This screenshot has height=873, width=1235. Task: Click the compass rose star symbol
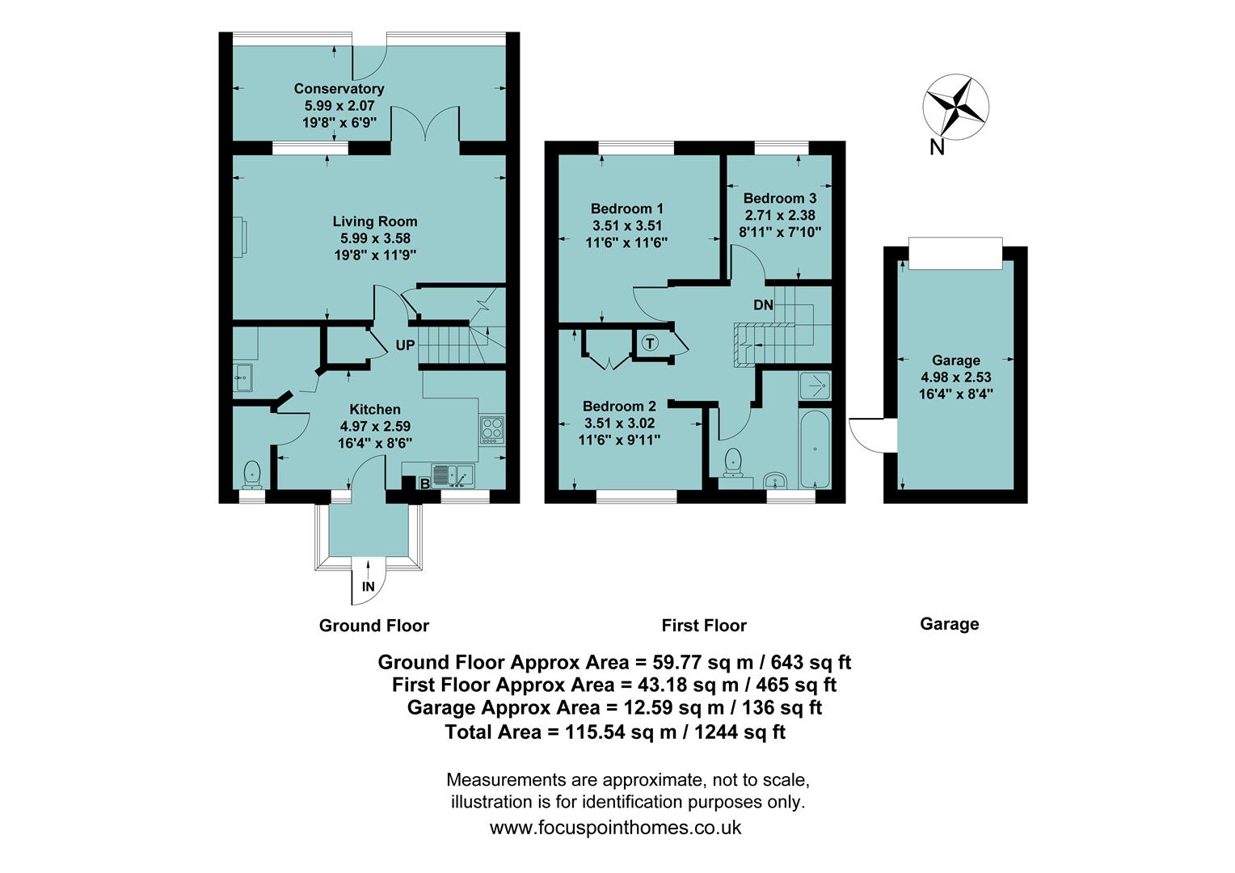point(956,105)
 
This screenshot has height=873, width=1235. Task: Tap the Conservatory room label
point(339,89)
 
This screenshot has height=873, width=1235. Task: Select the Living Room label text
point(375,221)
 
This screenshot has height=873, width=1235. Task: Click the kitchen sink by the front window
point(451,475)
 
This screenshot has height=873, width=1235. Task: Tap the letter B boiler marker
point(425,484)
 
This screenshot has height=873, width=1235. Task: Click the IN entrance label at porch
point(369,587)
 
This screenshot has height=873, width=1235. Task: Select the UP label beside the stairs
point(405,345)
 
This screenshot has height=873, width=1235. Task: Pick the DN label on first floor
point(763,306)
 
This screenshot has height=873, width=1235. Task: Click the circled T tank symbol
point(651,343)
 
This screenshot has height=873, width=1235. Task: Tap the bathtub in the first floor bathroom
point(815,449)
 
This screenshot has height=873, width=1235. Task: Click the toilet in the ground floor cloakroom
point(252,474)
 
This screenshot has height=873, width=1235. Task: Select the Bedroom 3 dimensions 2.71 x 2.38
point(779,216)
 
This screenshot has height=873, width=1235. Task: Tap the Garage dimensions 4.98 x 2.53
point(955,377)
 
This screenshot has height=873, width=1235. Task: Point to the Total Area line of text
point(614,732)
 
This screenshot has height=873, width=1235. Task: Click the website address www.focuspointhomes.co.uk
point(615,828)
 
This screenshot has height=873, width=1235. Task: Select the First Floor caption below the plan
point(704,626)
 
